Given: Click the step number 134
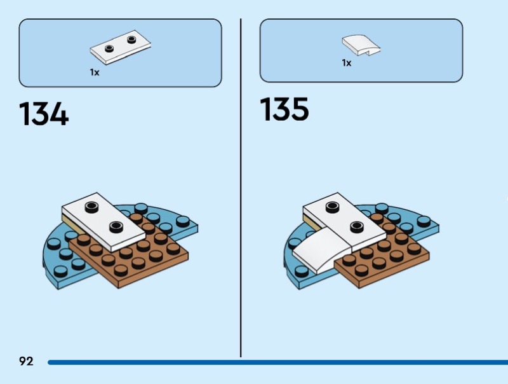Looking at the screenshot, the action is click(x=44, y=114).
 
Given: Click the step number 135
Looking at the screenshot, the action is click(x=284, y=109).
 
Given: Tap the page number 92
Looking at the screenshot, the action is click(x=26, y=362).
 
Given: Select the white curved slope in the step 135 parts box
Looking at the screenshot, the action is click(x=361, y=44).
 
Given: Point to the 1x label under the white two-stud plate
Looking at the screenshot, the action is click(x=95, y=72).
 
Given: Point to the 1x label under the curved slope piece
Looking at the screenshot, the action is click(x=346, y=63).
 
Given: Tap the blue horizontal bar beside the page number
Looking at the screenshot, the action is click(x=273, y=362).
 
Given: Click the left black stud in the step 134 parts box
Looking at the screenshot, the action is click(x=110, y=48).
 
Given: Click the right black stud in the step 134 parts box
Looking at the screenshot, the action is click(x=131, y=39).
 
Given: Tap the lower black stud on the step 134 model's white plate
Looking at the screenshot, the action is click(x=116, y=226).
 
